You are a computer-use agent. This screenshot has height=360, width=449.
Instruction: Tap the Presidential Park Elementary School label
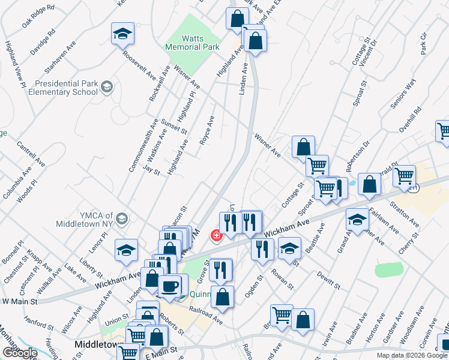pos(66,88)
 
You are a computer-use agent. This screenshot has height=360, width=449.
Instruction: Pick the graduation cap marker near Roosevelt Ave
pos(122,34)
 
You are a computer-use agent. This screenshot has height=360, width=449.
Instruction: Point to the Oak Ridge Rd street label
pos(38,16)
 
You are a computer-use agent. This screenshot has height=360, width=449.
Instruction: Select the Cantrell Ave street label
pos(31,154)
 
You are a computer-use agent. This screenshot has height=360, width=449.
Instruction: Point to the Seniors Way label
pos(403,94)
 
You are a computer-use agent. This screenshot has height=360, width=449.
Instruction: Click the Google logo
pos(19,352)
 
